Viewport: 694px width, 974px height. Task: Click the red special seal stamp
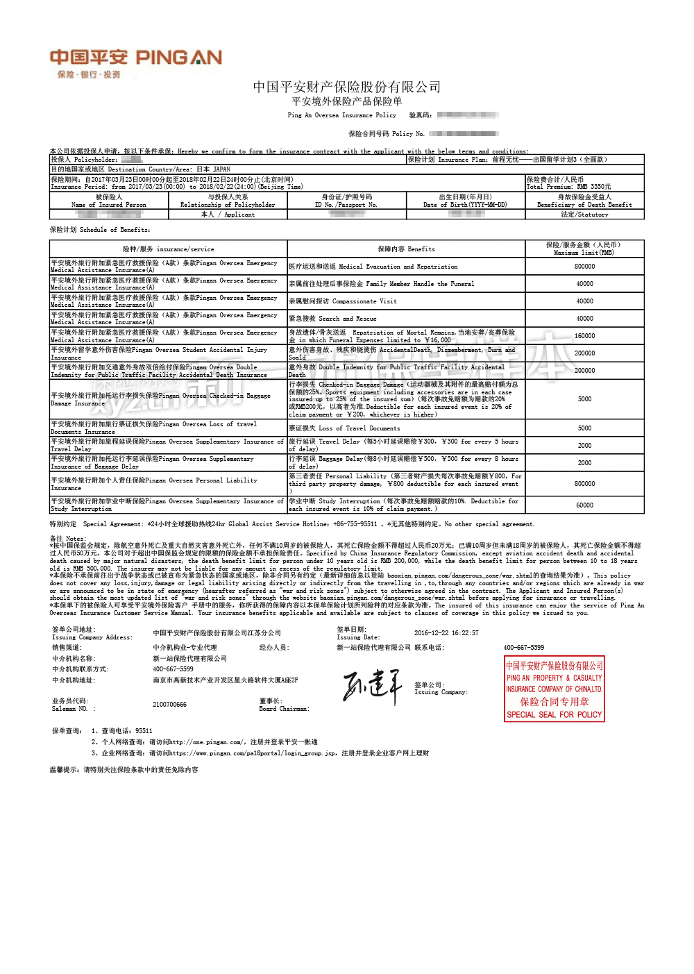[x=554, y=689]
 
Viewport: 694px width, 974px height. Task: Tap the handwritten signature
[x=372, y=686]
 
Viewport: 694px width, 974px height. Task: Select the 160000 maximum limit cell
[x=584, y=336]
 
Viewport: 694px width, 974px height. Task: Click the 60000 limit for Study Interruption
[x=584, y=505]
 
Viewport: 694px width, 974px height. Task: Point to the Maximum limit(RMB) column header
[x=584, y=249]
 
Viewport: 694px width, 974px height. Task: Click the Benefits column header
[x=406, y=249]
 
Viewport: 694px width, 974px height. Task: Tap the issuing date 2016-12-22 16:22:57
[x=446, y=633]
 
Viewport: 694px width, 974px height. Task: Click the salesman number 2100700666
[x=169, y=705]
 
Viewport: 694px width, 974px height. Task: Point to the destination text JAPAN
[x=221, y=169]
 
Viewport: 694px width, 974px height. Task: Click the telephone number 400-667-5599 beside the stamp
[x=523, y=648]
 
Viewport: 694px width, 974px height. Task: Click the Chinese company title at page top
[x=346, y=87]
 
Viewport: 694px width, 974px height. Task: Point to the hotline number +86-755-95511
[x=355, y=524]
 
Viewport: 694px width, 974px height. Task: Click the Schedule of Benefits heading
[x=99, y=230]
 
